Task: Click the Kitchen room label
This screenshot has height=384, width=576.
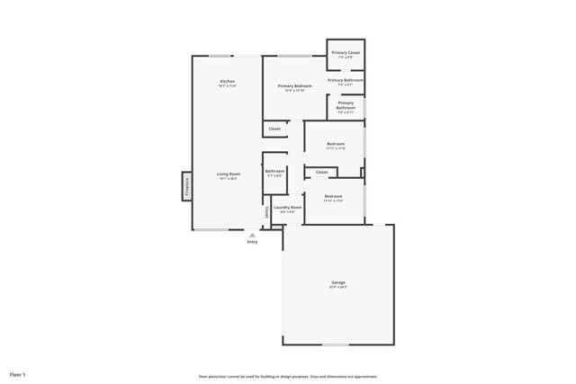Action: [228, 82]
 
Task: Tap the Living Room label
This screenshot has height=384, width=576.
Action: [228, 174]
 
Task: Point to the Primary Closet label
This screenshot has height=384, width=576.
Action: [346, 53]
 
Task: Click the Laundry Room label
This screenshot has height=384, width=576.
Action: [288, 207]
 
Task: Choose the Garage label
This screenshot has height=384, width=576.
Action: [337, 283]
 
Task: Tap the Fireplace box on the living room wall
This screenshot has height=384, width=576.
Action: [187, 185]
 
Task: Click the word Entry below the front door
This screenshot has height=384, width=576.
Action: [252, 242]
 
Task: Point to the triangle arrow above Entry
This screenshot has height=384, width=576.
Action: [252, 235]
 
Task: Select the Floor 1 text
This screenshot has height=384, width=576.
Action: [18, 373]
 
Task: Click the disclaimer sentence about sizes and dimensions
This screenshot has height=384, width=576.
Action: [288, 377]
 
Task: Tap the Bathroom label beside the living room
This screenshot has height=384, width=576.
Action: [274, 171]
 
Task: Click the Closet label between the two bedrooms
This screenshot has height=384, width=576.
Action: [321, 172]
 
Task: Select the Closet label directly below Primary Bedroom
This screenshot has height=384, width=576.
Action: [274, 129]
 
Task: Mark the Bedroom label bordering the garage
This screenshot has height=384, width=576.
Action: [333, 196]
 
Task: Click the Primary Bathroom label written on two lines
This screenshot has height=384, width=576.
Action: [346, 105]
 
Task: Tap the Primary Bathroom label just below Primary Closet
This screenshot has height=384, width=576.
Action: [346, 80]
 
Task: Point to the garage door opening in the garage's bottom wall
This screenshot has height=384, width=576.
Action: [336, 344]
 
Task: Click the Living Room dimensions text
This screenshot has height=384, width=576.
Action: [228, 179]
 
